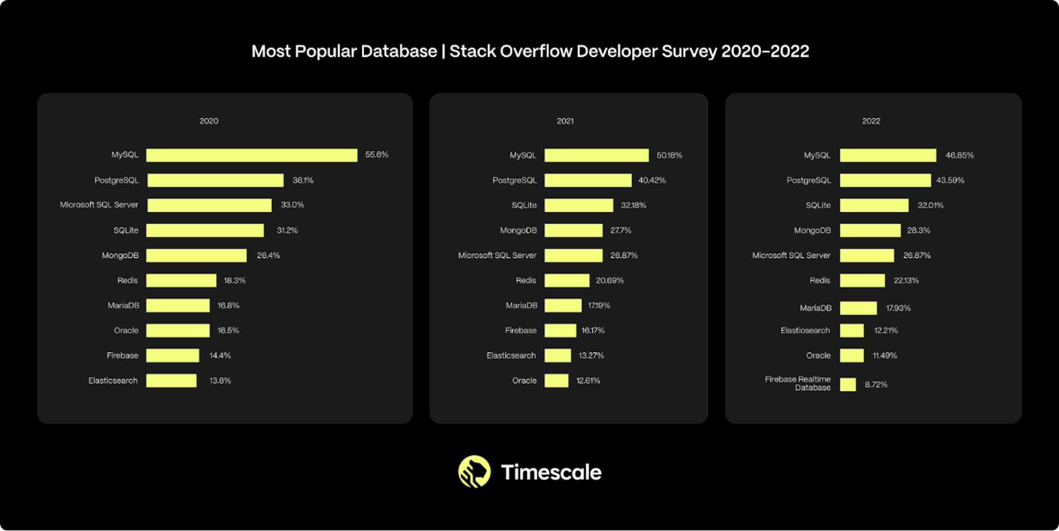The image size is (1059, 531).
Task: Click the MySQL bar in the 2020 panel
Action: [x=252, y=155]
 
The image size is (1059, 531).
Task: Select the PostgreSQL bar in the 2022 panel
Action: [x=885, y=180]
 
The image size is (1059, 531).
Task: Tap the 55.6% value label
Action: [x=377, y=155]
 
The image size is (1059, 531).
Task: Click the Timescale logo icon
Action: [x=474, y=471]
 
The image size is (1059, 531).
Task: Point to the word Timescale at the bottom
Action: [x=551, y=473]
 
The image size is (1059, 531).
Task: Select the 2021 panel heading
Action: [x=565, y=121]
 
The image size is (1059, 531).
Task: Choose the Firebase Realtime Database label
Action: [x=798, y=383]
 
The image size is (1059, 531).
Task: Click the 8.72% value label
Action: [x=876, y=384]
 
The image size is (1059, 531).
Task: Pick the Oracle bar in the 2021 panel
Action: [x=556, y=380]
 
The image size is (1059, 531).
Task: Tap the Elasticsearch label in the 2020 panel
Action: [x=113, y=380]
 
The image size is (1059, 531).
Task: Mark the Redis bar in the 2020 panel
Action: [x=181, y=281]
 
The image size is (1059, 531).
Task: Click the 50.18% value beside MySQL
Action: [x=669, y=155]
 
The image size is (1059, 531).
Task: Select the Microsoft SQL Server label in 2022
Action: [x=791, y=255]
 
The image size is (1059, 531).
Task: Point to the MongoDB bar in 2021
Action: [x=573, y=230]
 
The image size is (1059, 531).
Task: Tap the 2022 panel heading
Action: [x=871, y=121]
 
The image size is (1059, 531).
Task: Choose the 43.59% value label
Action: [x=950, y=180]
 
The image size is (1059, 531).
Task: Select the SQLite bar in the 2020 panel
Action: [x=205, y=230]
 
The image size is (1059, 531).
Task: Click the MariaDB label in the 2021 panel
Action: [x=521, y=305]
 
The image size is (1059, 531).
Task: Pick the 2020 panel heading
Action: [x=209, y=121]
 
